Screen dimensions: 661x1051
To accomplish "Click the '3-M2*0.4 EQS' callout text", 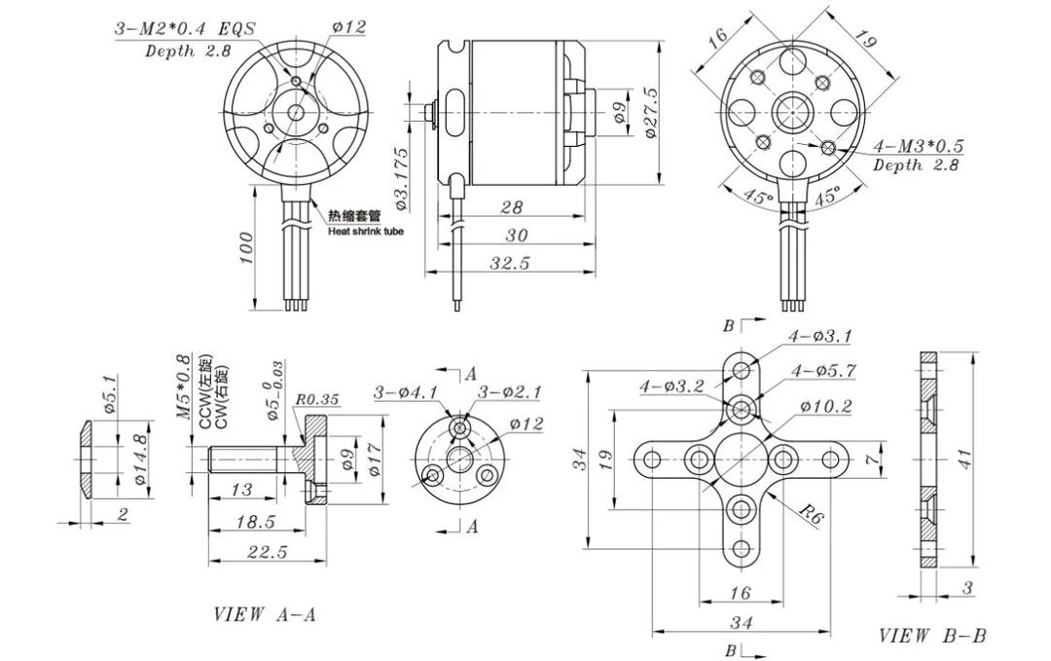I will pos(185,29).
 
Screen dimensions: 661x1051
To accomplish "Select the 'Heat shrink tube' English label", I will pos(365,231).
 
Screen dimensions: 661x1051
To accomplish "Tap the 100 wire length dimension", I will pos(244,247).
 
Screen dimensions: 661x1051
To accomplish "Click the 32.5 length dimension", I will pos(510,263).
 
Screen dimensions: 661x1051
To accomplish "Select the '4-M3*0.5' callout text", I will pos(918,146).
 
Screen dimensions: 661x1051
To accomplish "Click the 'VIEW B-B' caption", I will pos(932,636).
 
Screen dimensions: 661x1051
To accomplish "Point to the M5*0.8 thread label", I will pos(183,386).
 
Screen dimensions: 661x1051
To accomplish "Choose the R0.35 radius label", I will pos(316,399).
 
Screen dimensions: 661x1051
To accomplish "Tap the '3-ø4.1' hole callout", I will pos(406,393).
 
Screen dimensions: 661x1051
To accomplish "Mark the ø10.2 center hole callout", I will pos(826,406).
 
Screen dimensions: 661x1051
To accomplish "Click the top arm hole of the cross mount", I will pos(743,369).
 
